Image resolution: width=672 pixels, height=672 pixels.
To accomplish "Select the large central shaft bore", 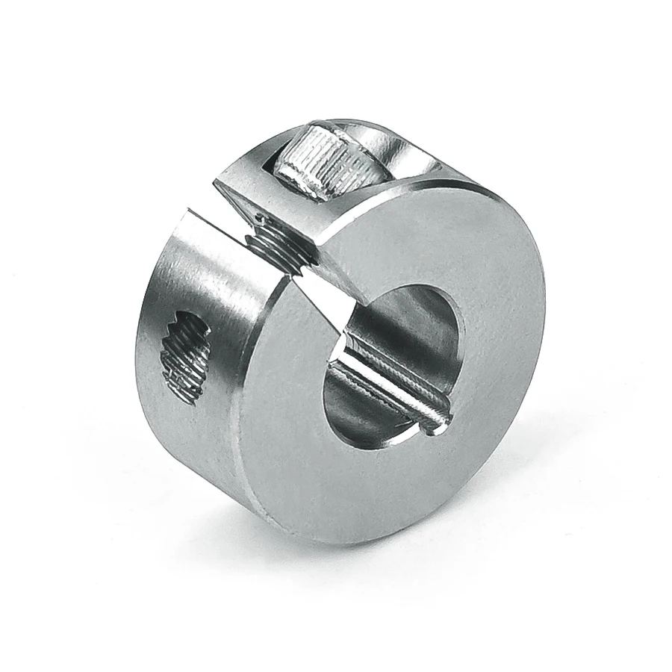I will [392, 358].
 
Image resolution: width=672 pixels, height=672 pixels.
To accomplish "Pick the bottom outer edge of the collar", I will [314, 536].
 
